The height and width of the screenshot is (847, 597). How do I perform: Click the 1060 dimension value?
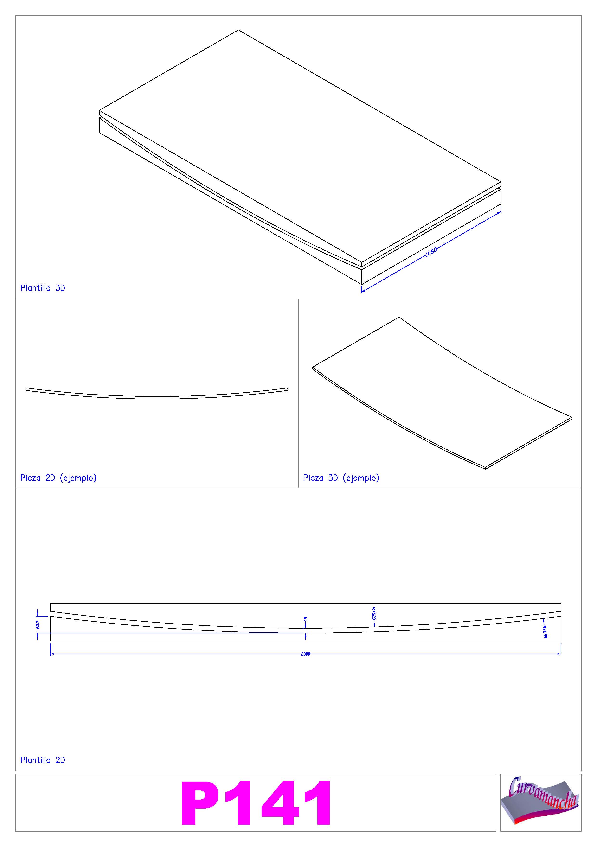[431, 252]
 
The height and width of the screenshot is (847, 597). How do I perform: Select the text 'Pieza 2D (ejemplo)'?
[58, 478]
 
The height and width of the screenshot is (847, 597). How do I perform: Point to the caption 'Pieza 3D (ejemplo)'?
[341, 478]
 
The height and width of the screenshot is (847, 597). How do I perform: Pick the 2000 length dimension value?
[306, 654]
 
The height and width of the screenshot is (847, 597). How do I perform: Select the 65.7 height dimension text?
[38, 624]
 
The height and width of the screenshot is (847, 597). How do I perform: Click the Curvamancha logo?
[540, 803]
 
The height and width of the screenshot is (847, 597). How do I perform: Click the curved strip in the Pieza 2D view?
[157, 398]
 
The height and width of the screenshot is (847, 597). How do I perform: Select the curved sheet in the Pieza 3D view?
[442, 393]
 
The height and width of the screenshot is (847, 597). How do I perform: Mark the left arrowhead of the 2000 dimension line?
[51, 654]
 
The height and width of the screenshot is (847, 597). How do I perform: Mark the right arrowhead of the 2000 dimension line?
[560, 654]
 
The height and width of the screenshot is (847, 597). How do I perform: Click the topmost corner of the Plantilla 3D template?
[238, 30]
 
